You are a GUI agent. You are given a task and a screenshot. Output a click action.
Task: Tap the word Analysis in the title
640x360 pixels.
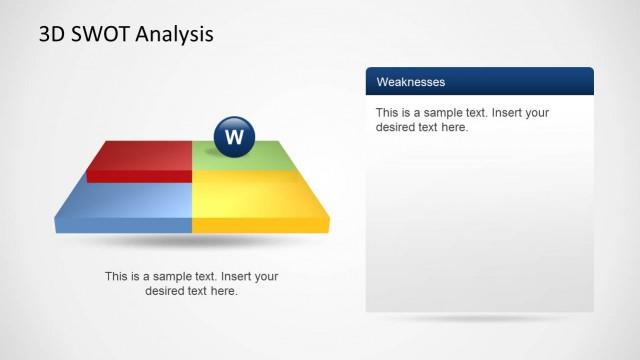(x=177, y=35)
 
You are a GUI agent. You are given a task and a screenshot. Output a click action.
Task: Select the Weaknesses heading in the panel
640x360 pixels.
(x=411, y=81)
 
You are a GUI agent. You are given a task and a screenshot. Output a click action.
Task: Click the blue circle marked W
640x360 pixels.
(x=234, y=137)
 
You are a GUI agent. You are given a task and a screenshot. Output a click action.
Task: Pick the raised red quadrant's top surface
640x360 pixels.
(x=142, y=156)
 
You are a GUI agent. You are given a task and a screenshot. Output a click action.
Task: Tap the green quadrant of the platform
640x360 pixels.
(x=250, y=158)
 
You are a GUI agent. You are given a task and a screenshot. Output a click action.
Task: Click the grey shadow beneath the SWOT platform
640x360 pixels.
(x=190, y=242)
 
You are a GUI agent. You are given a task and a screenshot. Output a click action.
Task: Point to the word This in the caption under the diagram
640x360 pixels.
(x=117, y=276)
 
